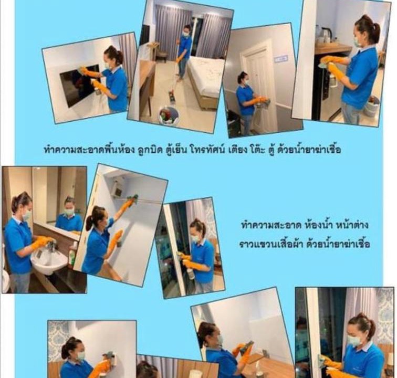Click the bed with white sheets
point(206,81)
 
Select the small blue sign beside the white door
point(281,59)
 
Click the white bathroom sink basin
point(49,262)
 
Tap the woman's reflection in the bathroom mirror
point(68,215)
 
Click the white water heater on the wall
point(119,185)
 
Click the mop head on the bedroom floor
point(172,98)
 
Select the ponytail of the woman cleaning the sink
point(20,199)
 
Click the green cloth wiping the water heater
point(132,199)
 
